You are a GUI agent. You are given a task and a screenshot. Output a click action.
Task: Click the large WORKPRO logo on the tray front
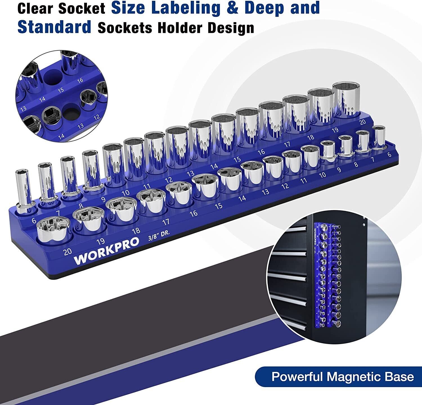tap(106, 251)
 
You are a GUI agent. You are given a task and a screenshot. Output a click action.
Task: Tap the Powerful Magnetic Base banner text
tap(342, 377)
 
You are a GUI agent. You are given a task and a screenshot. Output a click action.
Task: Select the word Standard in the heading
tap(54, 27)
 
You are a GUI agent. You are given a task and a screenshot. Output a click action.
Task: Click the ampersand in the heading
tap(232, 8)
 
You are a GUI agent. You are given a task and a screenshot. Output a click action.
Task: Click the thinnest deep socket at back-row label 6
tap(23, 191)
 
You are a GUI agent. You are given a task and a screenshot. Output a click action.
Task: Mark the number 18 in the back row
tap(311, 137)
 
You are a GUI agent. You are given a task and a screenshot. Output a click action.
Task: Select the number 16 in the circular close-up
tap(80, 80)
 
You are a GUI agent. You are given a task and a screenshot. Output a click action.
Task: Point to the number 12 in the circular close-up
tap(96, 117)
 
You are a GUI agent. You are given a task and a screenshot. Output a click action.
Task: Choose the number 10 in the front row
tap(322, 175)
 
